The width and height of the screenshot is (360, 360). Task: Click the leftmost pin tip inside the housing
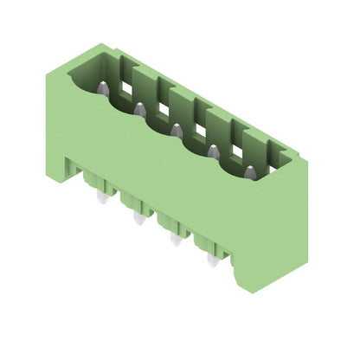[x=102, y=88]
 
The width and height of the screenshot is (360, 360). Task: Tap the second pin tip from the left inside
[x=139, y=109]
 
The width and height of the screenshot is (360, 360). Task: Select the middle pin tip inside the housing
[x=177, y=130]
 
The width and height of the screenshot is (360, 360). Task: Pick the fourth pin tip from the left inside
[x=213, y=151]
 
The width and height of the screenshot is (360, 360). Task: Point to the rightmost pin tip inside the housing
[x=250, y=173]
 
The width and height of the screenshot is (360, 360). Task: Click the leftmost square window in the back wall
[x=127, y=87]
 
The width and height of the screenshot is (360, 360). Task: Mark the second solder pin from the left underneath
[x=138, y=220]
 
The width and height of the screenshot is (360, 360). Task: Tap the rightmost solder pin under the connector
[x=213, y=260]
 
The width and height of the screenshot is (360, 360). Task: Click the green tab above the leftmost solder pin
[x=94, y=180]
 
